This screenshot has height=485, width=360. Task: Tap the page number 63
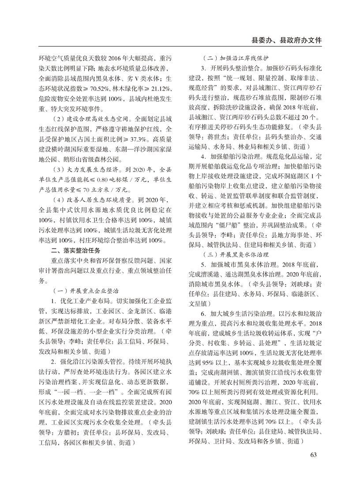314,455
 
